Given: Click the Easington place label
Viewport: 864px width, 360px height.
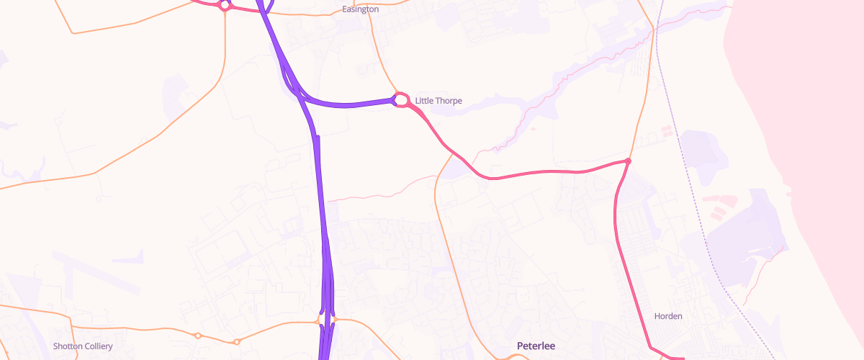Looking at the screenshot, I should pyautogui.click(x=360, y=9).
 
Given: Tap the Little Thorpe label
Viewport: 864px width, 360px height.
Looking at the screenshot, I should pyautogui.click(x=438, y=101).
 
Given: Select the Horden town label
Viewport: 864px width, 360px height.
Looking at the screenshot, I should pyautogui.click(x=667, y=316).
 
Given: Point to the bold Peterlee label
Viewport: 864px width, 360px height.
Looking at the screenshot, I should pyautogui.click(x=536, y=346).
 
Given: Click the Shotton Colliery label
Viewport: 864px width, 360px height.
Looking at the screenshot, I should pyautogui.click(x=83, y=346).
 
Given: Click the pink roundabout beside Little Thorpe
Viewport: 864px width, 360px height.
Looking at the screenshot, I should pyautogui.click(x=402, y=99).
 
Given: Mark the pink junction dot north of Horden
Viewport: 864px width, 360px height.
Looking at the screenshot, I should pyautogui.click(x=628, y=161).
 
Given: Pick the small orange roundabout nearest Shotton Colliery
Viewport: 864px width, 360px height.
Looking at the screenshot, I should pyautogui.click(x=197, y=336).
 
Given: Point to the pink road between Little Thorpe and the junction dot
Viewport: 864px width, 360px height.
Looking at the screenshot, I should pyautogui.click(x=540, y=173).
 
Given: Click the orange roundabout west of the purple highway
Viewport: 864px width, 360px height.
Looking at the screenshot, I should pyautogui.click(x=320, y=319).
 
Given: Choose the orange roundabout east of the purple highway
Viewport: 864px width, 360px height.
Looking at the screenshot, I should pyautogui.click(x=335, y=319).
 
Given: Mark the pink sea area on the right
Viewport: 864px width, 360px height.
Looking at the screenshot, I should pyautogui.click(x=806, y=108).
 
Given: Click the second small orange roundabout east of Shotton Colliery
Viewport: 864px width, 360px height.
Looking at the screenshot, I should pyautogui.click(x=236, y=341).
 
